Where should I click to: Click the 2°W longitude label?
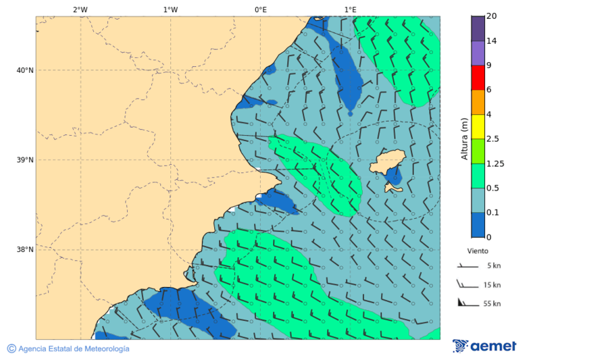(80, 9)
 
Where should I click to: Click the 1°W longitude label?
(170, 9)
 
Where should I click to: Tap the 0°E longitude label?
(260, 9)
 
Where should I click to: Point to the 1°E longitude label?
(350, 9)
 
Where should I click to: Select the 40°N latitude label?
(24, 70)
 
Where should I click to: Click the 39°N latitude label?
(24, 160)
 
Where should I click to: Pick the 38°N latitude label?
(24, 250)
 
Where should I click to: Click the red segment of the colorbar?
(478, 78)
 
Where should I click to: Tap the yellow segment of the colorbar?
(478, 127)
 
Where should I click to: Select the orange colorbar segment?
(478, 102)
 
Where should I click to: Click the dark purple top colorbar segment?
(478, 28)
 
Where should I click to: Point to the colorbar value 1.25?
(496, 163)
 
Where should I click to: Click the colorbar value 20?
(492, 16)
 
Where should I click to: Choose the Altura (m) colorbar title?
(465, 138)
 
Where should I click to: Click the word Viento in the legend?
(478, 251)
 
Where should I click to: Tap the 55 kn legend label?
(492, 304)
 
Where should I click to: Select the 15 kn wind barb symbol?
(467, 284)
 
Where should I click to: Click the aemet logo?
(484, 346)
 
